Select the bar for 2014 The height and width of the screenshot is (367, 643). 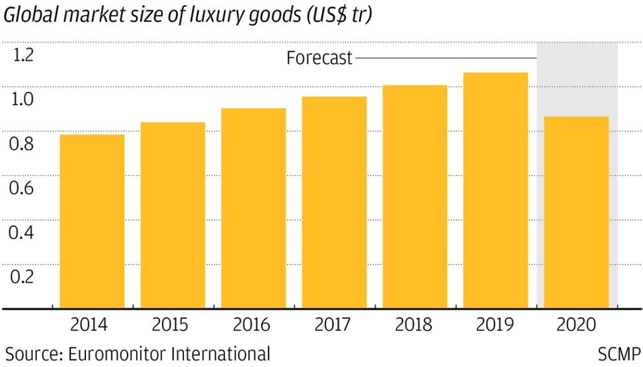[92, 221]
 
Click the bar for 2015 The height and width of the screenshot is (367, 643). [173, 215]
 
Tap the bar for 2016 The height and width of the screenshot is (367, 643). [253, 208]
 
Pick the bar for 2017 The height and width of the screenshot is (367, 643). [334, 202]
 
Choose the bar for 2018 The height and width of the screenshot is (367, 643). [414, 197]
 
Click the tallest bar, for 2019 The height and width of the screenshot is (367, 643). [495, 190]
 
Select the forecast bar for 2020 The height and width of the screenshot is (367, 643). [576, 212]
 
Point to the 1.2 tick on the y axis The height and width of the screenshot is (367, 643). [22, 55]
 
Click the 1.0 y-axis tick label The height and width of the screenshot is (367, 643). [22, 100]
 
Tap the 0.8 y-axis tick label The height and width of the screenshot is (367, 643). [22, 144]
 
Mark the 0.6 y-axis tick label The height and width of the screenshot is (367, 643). [22, 188]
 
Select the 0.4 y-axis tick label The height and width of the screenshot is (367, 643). [22, 233]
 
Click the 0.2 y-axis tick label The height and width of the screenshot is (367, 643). [22, 277]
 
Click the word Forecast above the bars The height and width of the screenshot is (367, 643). [320, 58]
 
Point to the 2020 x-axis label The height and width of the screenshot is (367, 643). [576, 324]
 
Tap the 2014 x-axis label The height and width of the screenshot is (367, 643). [89, 324]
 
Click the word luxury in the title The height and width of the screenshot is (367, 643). [211, 17]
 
